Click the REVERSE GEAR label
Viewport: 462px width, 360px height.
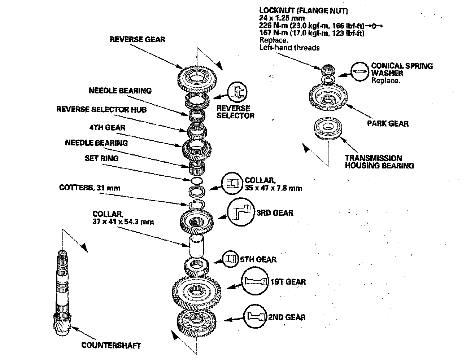137,39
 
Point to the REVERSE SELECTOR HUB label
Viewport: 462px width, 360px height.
101,109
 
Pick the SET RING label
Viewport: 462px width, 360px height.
101,158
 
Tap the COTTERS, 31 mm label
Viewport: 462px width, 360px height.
90,188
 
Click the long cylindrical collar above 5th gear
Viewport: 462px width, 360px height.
197,246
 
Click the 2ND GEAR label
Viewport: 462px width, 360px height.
287,317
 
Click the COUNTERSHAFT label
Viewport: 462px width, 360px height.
111,345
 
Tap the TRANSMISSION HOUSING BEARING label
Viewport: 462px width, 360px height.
379,162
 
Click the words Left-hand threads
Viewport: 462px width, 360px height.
289,48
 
